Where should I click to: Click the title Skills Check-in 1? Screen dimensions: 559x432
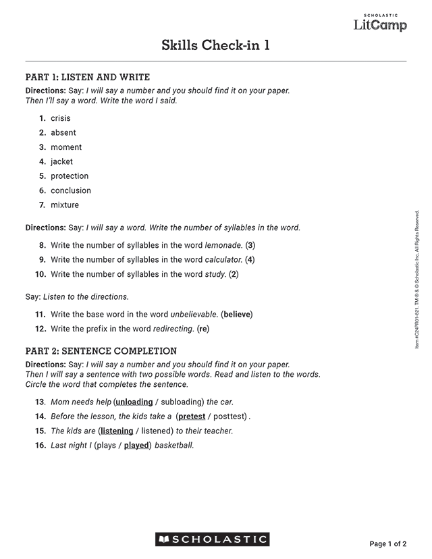pos(216,45)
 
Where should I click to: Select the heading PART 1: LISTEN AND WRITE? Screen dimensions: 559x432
pos(87,77)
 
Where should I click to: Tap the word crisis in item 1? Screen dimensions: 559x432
pos(60,118)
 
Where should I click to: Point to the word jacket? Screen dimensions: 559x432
pos(61,162)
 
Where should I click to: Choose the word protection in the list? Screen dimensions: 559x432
pos(70,176)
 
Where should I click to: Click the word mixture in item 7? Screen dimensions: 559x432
pos(65,205)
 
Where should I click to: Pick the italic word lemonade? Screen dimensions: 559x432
pos(223,245)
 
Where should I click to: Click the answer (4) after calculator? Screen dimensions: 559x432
pos(250,260)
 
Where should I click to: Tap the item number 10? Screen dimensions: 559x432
pos(40,274)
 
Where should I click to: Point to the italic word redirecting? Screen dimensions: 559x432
pos(173,329)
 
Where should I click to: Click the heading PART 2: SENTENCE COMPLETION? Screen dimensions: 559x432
pos(101,351)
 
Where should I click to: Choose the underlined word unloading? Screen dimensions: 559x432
pos(134,402)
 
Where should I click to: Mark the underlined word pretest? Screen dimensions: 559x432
pos(192,417)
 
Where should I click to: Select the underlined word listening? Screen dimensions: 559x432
pos(117,431)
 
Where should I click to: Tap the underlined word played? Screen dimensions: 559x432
pos(136,446)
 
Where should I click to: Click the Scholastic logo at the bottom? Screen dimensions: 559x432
pos(213,539)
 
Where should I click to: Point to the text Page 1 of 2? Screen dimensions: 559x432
pos(388,544)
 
